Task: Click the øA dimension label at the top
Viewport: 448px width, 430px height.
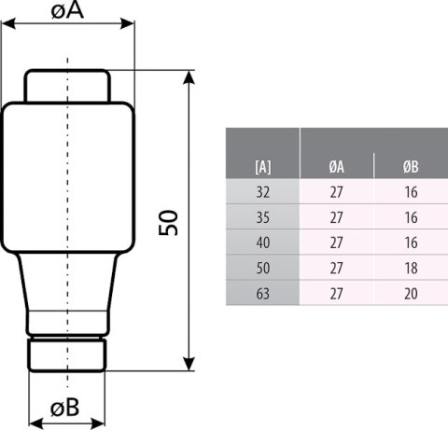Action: [x=66, y=12]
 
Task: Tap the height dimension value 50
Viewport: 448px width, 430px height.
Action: [x=169, y=221]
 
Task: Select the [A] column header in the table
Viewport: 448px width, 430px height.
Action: [x=262, y=167]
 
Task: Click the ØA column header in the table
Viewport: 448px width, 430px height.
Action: [x=336, y=167]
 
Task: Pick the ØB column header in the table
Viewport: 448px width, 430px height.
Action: [x=410, y=167]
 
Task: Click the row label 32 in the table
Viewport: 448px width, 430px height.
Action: [x=262, y=193]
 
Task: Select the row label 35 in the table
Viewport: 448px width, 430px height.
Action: [x=262, y=218]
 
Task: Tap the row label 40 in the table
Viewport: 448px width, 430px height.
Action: [x=262, y=243]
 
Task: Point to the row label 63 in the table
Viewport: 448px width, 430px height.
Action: [x=262, y=293]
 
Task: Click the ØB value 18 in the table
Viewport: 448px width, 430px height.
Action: [x=410, y=269]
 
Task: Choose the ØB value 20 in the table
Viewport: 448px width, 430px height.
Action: [x=410, y=293]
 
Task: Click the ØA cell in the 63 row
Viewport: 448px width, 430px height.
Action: [x=336, y=293]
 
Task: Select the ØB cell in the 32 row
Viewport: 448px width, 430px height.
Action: [x=410, y=193]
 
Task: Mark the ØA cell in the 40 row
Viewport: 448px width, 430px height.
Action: [x=336, y=243]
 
